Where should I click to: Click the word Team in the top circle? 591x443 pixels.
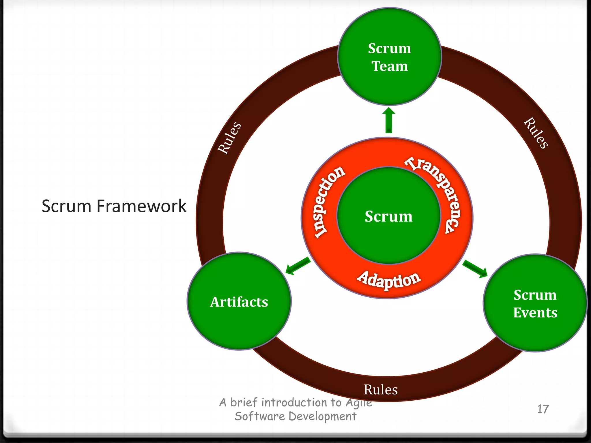click(x=389, y=66)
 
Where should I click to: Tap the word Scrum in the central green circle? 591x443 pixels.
click(x=388, y=216)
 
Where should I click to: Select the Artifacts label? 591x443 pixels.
click(x=239, y=302)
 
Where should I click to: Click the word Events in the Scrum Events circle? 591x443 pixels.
click(x=535, y=313)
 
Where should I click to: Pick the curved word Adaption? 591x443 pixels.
click(x=389, y=280)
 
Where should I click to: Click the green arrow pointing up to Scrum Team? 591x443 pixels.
click(x=389, y=120)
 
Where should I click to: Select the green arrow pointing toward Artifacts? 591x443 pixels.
click(x=298, y=265)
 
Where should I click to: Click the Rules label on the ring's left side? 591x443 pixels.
click(x=229, y=138)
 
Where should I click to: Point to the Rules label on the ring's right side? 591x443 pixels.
click(x=536, y=133)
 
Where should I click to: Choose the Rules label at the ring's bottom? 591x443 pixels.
click(x=381, y=390)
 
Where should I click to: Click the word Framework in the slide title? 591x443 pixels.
click(x=141, y=206)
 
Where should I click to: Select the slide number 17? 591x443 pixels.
click(x=543, y=409)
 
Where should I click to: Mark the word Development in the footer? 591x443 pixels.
click(x=322, y=416)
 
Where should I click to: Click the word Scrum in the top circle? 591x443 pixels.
click(x=389, y=48)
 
